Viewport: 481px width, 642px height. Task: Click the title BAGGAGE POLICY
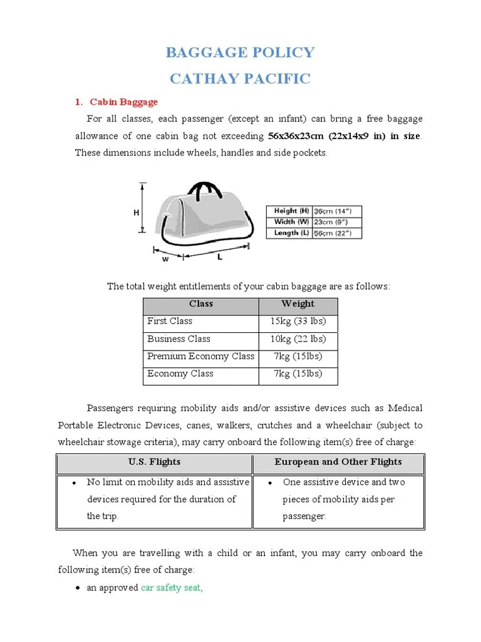(240, 52)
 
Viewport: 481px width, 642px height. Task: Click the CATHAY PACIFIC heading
(240, 78)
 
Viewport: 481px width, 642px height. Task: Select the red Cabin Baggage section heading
(123, 102)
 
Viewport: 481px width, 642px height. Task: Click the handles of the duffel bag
(202, 191)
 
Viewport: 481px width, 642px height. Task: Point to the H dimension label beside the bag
(136, 213)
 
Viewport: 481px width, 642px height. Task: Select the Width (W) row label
(291, 222)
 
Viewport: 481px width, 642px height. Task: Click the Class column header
(201, 304)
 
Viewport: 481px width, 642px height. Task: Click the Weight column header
(297, 304)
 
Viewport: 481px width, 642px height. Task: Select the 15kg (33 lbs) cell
(297, 322)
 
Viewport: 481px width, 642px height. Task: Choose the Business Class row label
(178, 339)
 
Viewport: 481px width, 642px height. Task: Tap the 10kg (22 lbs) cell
(297, 339)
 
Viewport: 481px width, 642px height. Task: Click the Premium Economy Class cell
(200, 357)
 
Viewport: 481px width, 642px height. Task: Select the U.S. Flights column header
(154, 462)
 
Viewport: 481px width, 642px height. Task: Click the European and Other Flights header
(338, 462)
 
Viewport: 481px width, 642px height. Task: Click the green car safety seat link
(172, 589)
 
